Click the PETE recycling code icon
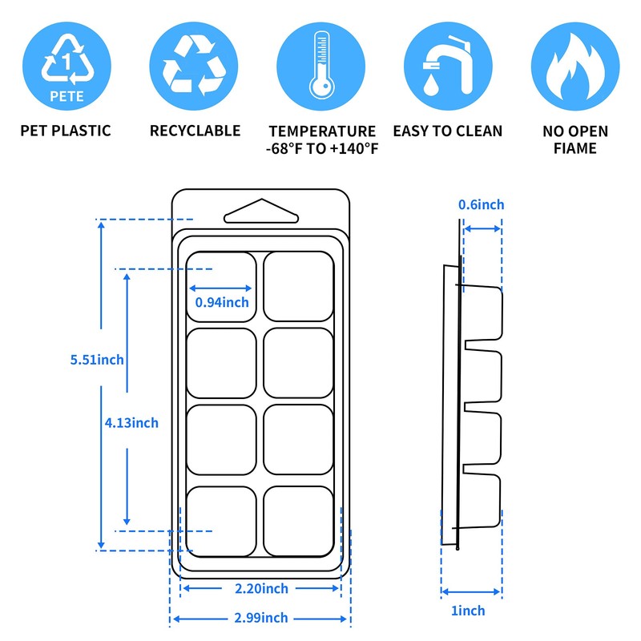pyautogui.click(x=66, y=67)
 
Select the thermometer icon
pyautogui.click(x=322, y=67)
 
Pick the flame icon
pyautogui.click(x=574, y=67)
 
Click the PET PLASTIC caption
pyautogui.click(x=66, y=131)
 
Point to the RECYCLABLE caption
pyautogui.click(x=195, y=131)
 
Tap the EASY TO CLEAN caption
pyautogui.click(x=447, y=131)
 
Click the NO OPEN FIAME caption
pyautogui.click(x=574, y=139)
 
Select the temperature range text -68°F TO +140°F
pyautogui.click(x=322, y=148)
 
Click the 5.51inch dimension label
pyautogui.click(x=97, y=360)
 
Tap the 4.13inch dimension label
pyautogui.click(x=131, y=422)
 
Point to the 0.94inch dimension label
pyautogui.click(x=222, y=302)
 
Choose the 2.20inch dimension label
pyautogui.click(x=261, y=589)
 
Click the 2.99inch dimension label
pyautogui.click(x=261, y=618)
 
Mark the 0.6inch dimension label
pyautogui.click(x=481, y=205)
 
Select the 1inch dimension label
pyautogui.click(x=468, y=611)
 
